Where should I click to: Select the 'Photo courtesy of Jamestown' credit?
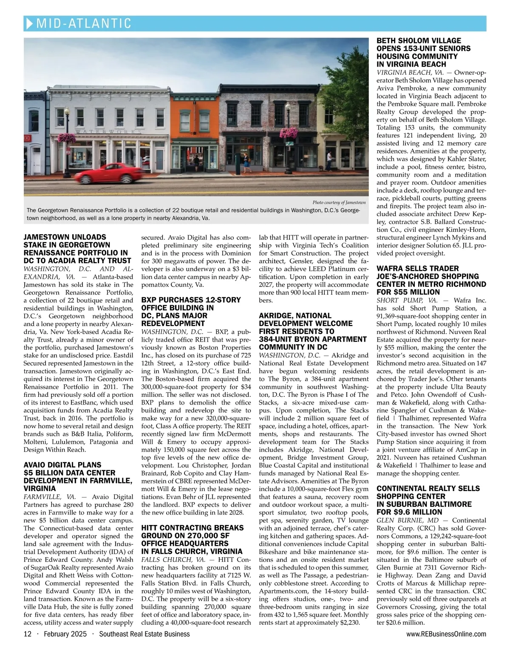click(x=339, y=202)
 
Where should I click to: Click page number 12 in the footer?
click(x=28, y=634)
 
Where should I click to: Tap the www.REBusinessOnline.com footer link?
click(x=446, y=634)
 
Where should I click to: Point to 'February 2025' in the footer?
click(x=65, y=634)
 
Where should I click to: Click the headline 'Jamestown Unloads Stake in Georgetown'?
click(x=77, y=249)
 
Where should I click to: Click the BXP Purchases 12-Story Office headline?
click(x=191, y=312)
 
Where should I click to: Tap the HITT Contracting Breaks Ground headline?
click(x=193, y=539)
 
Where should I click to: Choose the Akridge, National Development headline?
click(x=312, y=331)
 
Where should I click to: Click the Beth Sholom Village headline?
click(x=423, y=53)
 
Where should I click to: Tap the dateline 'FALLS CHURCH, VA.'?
click(x=173, y=560)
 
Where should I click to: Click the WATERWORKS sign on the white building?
click(x=108, y=132)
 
